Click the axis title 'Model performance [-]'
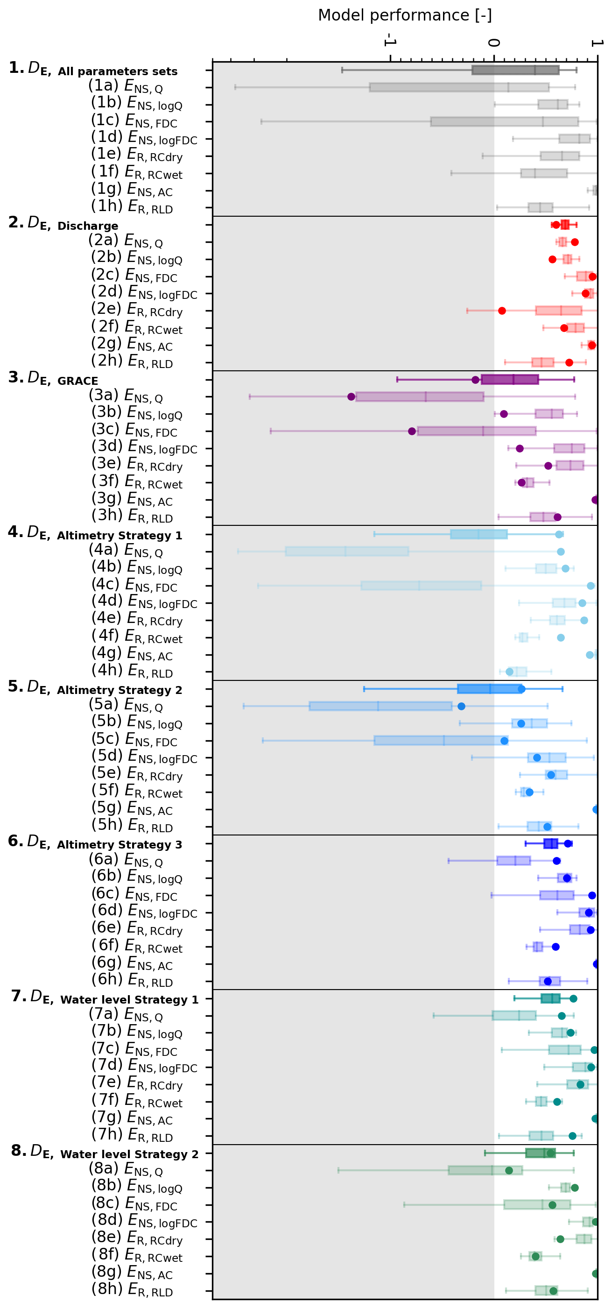click(x=405, y=15)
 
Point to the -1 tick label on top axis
click(x=389, y=40)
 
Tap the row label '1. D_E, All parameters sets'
click(x=93, y=69)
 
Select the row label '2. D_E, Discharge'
click(x=63, y=224)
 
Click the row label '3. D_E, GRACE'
click(x=53, y=379)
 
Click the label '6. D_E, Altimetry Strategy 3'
click(x=95, y=842)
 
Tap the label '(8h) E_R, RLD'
click(x=132, y=1289)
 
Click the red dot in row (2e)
click(x=502, y=311)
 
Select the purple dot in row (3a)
click(x=352, y=397)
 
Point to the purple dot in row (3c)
click(x=412, y=432)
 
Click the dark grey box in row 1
click(x=515, y=70)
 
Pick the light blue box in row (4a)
click(x=347, y=552)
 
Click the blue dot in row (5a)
click(x=461, y=706)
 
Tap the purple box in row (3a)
click(x=420, y=397)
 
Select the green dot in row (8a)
click(x=509, y=1171)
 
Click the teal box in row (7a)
click(x=514, y=1016)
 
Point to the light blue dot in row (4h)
click(x=509, y=672)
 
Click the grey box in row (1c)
click(x=504, y=121)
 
